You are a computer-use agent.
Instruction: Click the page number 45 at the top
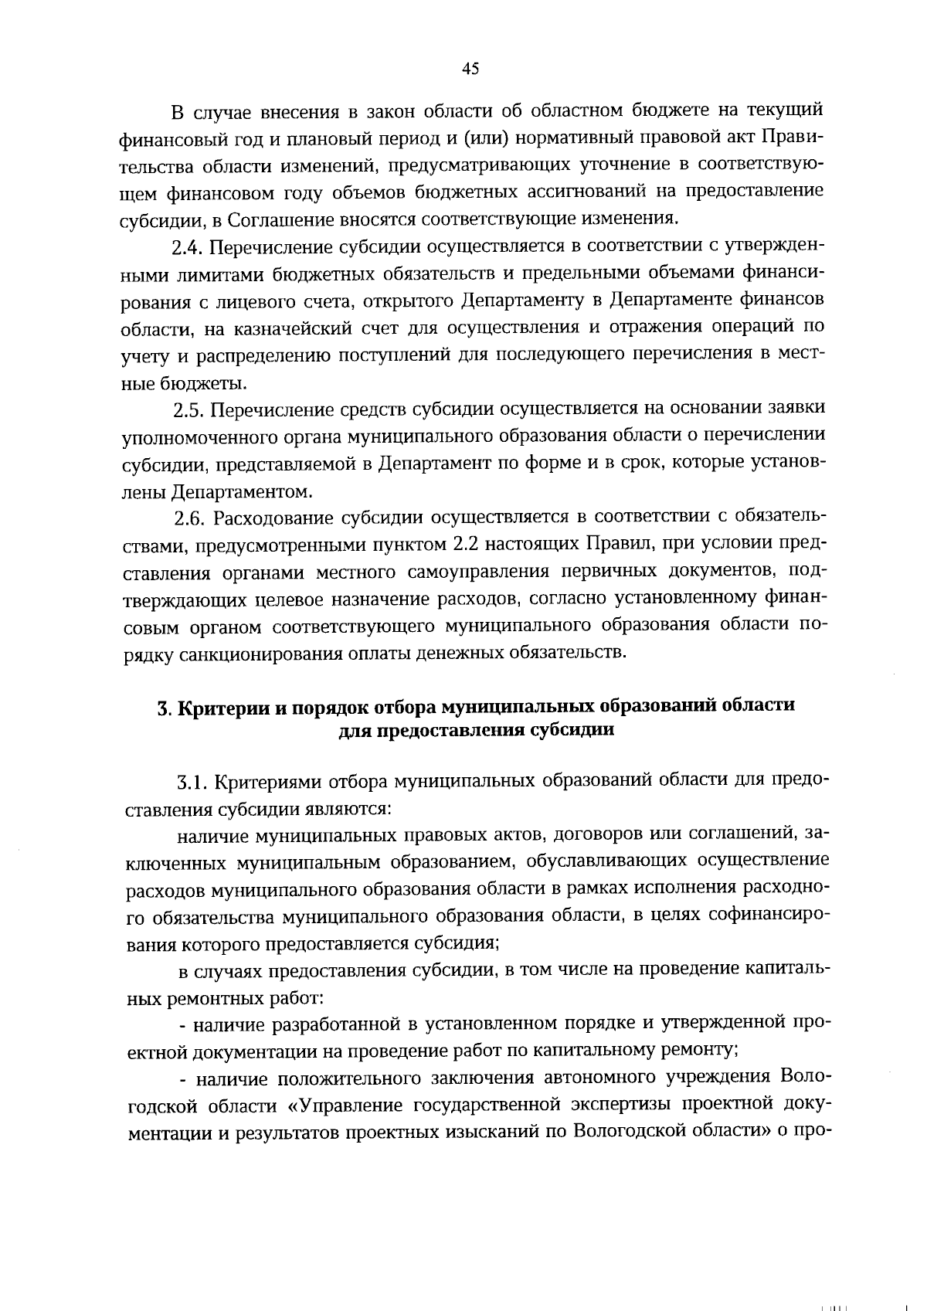[x=470, y=69]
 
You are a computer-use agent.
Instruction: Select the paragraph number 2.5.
[x=186, y=409]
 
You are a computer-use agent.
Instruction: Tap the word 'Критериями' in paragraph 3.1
[x=267, y=783]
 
